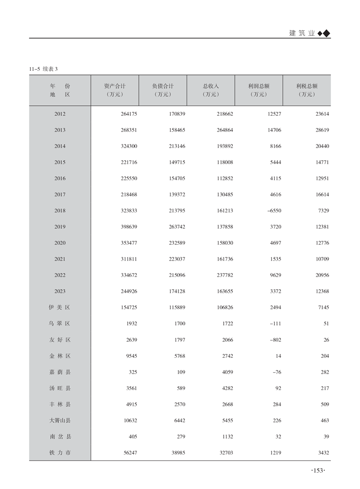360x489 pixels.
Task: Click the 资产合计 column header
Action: (115, 86)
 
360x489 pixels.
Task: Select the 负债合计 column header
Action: (163, 86)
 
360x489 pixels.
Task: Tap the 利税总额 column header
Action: (306, 86)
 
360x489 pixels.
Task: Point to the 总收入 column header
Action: (211, 86)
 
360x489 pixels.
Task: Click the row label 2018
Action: (60, 211)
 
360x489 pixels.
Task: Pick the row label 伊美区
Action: (60, 307)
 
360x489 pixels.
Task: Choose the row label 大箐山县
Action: (60, 420)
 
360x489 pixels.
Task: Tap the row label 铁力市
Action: (60, 453)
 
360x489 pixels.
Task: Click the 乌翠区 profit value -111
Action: (275, 324)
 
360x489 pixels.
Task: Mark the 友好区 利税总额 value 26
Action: (325, 340)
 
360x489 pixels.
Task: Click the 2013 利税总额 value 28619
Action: (321, 130)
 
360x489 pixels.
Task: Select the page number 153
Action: (317, 470)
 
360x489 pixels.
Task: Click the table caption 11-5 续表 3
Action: (44, 69)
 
